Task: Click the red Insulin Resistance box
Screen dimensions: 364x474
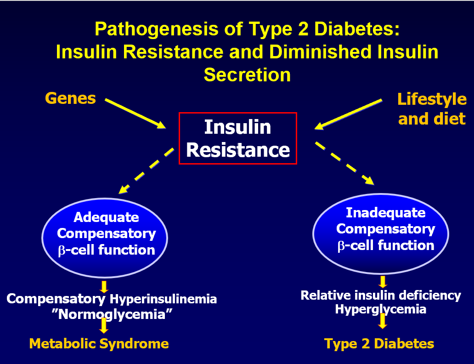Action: pyautogui.click(x=238, y=138)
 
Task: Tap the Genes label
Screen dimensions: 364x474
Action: pyautogui.click(x=70, y=98)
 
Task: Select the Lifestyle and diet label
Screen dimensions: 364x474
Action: pyautogui.click(x=432, y=109)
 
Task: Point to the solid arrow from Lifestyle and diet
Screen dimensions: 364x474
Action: pyautogui.click(x=349, y=114)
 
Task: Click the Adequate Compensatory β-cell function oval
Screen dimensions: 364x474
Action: pyautogui.click(x=105, y=234)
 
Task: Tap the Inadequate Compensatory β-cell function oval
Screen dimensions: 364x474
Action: pyautogui.click(x=381, y=229)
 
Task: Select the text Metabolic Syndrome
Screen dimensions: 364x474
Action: pyautogui.click(x=99, y=343)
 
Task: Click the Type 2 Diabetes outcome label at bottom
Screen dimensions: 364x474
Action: pyautogui.click(x=379, y=344)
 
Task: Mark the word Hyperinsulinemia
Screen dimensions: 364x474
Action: pyautogui.click(x=163, y=299)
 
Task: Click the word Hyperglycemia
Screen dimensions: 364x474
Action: pyautogui.click(x=380, y=309)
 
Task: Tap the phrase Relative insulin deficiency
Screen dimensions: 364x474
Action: pyautogui.click(x=381, y=295)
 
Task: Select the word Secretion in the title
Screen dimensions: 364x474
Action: pyautogui.click(x=247, y=74)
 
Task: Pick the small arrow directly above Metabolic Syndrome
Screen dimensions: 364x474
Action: pyautogui.click(x=104, y=326)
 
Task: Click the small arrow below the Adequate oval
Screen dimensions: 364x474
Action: pyautogui.click(x=104, y=286)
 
